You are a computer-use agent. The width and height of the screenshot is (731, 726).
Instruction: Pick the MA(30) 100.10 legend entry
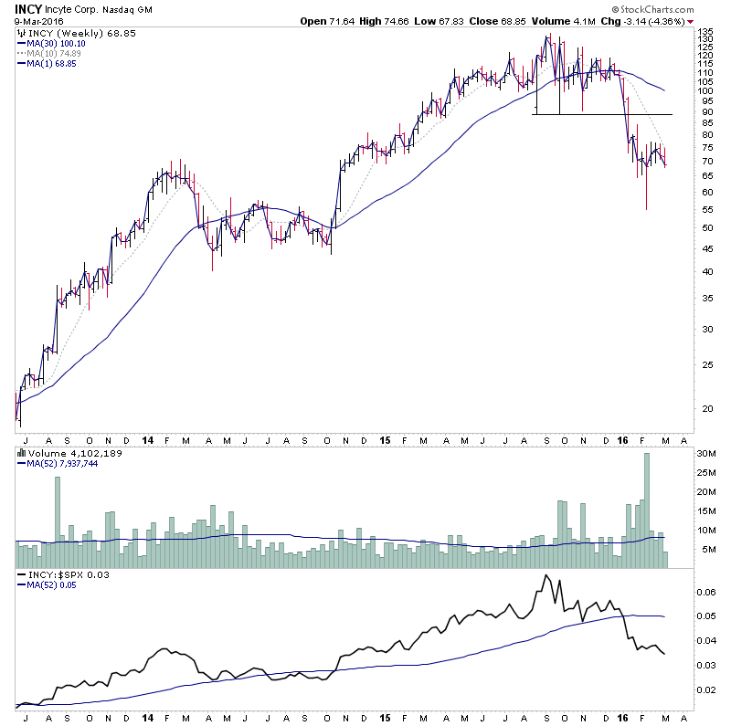click(54, 42)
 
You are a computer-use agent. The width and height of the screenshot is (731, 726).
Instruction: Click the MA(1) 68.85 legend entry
click(51, 64)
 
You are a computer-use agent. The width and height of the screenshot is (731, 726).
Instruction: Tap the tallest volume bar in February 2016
click(646, 511)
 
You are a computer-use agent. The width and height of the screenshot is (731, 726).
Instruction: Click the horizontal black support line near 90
click(603, 114)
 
